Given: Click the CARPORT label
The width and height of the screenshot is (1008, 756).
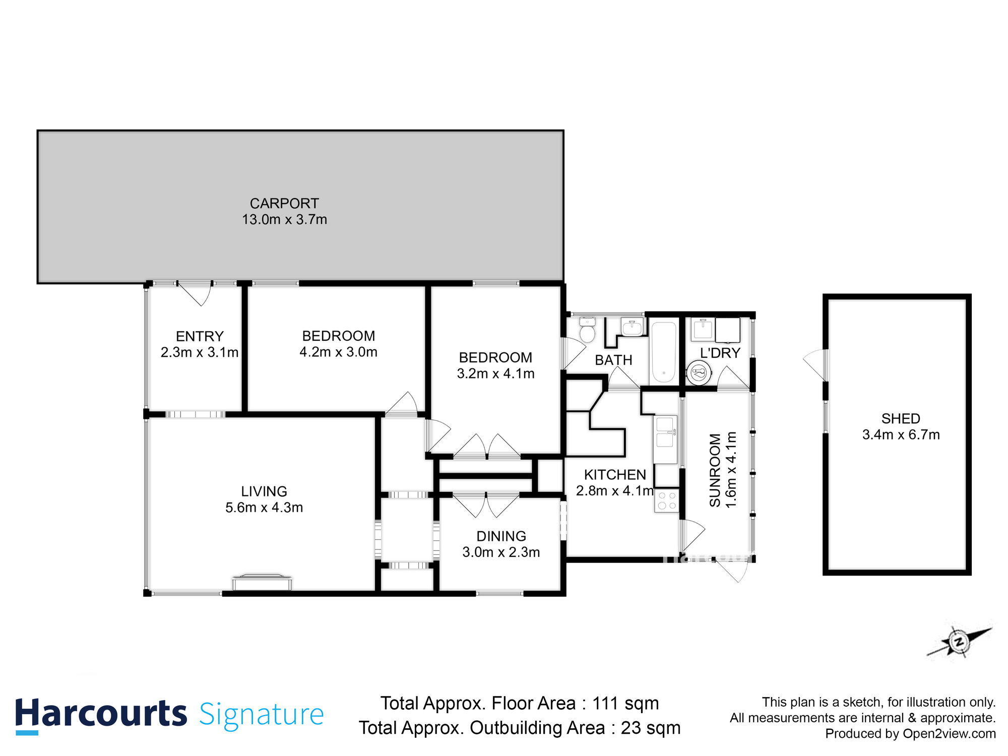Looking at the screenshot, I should pyautogui.click(x=284, y=204).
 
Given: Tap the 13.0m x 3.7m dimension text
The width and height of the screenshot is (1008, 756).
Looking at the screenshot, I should pyautogui.click(x=284, y=220).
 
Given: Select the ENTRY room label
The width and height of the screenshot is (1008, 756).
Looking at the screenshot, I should pyautogui.click(x=200, y=336).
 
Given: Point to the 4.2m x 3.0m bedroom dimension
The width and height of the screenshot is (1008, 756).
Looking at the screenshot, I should pyautogui.click(x=338, y=352).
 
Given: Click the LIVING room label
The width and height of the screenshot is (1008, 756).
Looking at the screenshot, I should pyautogui.click(x=264, y=491).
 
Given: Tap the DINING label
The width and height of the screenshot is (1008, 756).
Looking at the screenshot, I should pyautogui.click(x=501, y=536).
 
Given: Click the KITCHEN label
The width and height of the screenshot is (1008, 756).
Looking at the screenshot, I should pyautogui.click(x=614, y=475).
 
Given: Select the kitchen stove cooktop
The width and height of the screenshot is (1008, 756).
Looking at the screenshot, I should pyautogui.click(x=667, y=500).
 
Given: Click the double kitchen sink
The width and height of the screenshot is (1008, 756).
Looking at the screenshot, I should pyautogui.click(x=665, y=432).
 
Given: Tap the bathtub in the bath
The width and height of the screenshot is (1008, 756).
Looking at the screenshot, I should pyautogui.click(x=664, y=352).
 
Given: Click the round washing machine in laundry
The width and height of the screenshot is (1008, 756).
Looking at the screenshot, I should pyautogui.click(x=699, y=373).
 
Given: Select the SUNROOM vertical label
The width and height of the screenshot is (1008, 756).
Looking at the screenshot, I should pyautogui.click(x=715, y=470).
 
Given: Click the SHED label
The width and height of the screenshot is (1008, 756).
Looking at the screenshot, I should pyautogui.click(x=901, y=418).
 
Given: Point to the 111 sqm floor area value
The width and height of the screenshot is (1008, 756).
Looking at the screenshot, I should pyautogui.click(x=625, y=704).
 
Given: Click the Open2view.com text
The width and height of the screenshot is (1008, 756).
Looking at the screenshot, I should pyautogui.click(x=949, y=734).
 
